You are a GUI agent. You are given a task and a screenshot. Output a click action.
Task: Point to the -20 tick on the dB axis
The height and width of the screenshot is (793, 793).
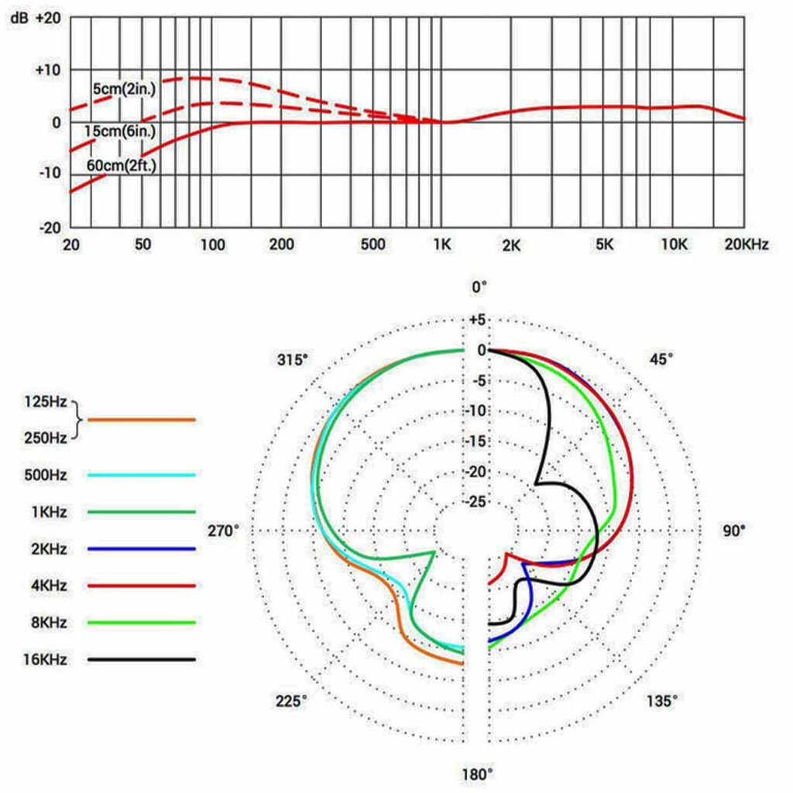(49, 228)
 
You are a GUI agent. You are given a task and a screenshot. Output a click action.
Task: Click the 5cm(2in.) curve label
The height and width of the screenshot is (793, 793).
(124, 90)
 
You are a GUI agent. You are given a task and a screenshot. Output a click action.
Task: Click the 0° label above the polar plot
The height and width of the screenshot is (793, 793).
(480, 287)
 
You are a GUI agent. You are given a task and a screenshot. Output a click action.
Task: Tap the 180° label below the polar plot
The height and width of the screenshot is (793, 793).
(478, 774)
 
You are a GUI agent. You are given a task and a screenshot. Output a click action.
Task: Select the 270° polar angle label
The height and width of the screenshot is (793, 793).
(225, 531)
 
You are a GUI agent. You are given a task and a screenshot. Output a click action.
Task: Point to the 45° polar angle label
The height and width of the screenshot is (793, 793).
(661, 359)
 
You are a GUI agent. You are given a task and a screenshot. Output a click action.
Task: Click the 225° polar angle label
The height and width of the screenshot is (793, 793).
(290, 701)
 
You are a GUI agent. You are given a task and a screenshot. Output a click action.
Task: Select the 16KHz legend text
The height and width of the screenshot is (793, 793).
(46, 660)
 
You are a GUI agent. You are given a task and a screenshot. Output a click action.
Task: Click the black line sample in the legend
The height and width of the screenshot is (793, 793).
(141, 660)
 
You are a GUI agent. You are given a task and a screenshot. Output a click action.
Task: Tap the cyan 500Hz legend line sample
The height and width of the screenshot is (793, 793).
(141, 474)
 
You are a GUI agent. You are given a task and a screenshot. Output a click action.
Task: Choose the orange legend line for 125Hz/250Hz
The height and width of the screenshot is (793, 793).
(141, 419)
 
